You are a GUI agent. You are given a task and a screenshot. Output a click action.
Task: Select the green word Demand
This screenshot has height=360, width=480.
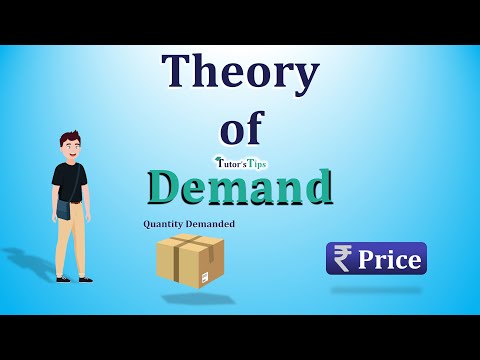(x=239, y=186)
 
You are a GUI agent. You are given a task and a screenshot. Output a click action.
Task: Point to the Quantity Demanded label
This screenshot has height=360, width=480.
(x=189, y=224)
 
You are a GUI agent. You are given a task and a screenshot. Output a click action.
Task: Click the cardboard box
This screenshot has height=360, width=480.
(x=190, y=259)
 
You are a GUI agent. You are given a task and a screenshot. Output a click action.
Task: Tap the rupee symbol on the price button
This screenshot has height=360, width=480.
(x=343, y=259)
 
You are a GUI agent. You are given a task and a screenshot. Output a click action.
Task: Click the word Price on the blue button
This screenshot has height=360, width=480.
(x=391, y=259)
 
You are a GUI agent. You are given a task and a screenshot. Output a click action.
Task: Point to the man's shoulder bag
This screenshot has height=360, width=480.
(x=63, y=209)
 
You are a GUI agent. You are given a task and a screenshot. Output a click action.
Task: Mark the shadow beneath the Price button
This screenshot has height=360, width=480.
(x=376, y=290)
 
